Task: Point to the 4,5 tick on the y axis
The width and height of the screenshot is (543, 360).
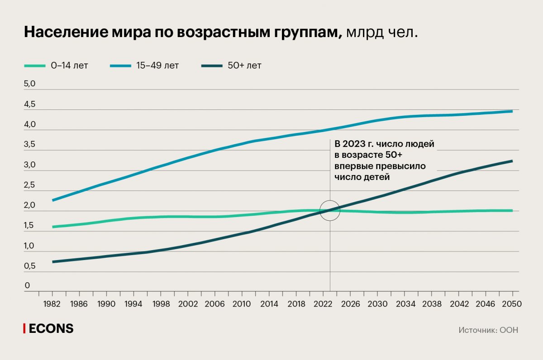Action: [30, 104]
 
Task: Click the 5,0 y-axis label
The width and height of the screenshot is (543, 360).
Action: [30, 84]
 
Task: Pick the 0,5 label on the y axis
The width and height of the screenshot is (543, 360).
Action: [30, 266]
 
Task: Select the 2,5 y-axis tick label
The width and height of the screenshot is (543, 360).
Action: [30, 185]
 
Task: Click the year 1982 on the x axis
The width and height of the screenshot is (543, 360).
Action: [53, 303]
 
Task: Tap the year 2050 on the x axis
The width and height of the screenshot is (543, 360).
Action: [512, 303]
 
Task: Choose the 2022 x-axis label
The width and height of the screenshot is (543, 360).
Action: [323, 303]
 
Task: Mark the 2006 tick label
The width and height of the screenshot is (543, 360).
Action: [215, 303]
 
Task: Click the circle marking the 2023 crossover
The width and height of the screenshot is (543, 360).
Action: [330, 210]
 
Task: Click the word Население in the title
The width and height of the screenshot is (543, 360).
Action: [65, 32]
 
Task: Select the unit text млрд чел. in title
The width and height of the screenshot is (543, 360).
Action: [381, 33]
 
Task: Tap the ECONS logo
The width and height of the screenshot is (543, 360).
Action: [48, 329]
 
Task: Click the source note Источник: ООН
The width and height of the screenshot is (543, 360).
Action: [488, 330]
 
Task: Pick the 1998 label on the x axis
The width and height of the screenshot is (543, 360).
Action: [161, 303]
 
